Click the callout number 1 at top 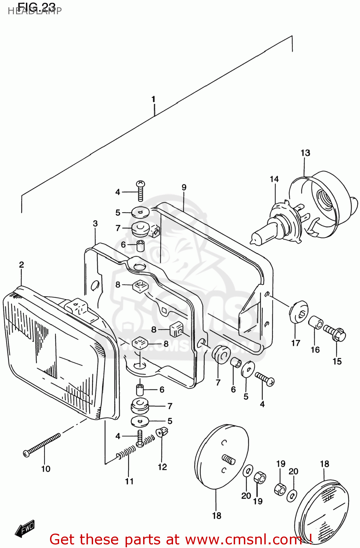click(x=153, y=99)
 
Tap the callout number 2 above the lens click(x=22, y=265)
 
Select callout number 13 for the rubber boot click(x=305, y=153)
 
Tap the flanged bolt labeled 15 click(x=336, y=333)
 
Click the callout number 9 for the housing click(x=184, y=187)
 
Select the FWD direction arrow click(x=25, y=528)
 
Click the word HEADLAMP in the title click(x=35, y=11)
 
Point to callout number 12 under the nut click(x=162, y=467)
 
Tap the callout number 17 click(x=295, y=343)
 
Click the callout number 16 click(x=315, y=350)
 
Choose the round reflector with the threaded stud click(x=222, y=457)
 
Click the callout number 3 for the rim click(x=95, y=223)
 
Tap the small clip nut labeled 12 click(x=162, y=433)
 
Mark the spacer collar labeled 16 click(x=315, y=323)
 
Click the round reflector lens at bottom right click(x=321, y=511)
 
